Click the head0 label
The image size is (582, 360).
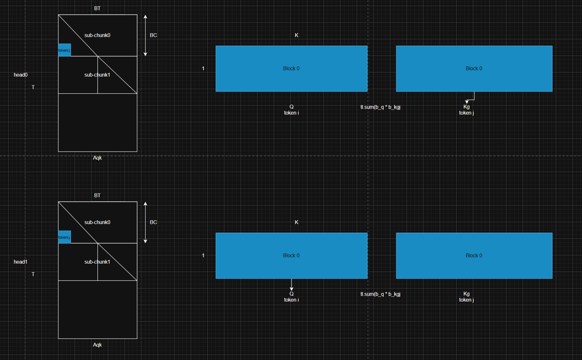click(x=20, y=75)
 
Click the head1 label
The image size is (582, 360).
click(x=20, y=262)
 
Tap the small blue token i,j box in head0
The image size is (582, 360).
click(x=64, y=50)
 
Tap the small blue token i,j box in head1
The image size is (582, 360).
click(x=64, y=237)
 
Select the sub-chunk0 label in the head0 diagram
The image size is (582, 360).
click(x=97, y=35)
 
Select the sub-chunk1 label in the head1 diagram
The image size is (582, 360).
click(x=97, y=262)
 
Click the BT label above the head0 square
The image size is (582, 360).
click(x=97, y=8)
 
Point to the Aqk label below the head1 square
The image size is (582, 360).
click(x=97, y=345)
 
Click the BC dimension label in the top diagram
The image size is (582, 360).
click(x=153, y=35)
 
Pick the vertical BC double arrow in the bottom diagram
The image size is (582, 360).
click(x=145, y=222)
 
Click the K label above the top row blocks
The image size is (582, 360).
click(x=296, y=35)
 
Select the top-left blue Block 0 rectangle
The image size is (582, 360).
click(x=292, y=69)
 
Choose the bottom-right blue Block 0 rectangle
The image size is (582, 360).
click(x=474, y=256)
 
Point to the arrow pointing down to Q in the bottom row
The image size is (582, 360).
click(x=291, y=285)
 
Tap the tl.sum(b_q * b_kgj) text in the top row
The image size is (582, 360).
click(x=380, y=107)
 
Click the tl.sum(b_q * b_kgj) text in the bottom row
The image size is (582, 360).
click(x=380, y=294)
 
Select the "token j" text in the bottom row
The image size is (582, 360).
click(x=466, y=300)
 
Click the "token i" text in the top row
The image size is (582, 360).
click(x=291, y=113)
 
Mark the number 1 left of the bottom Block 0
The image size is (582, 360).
click(x=203, y=255)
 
